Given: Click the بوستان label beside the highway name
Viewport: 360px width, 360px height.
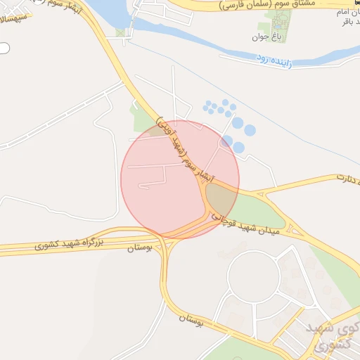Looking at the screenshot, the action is [140, 247].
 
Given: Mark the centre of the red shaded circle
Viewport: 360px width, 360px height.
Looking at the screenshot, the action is [180, 179].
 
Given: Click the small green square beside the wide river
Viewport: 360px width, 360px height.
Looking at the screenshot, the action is [121, 32].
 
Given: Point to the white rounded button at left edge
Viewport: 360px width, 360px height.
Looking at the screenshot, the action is [4, 49].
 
